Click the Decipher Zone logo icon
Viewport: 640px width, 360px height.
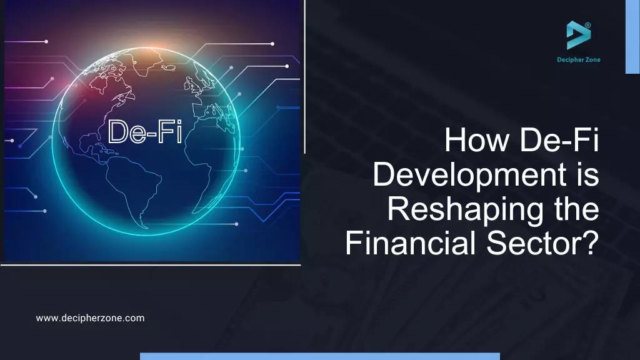click(x=578, y=35)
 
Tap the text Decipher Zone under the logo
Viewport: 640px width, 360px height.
click(x=578, y=60)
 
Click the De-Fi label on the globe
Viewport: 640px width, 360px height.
click(x=145, y=132)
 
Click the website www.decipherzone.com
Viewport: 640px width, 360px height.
click(x=90, y=318)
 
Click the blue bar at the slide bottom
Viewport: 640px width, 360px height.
click(x=319, y=356)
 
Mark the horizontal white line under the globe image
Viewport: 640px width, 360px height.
click(x=150, y=264)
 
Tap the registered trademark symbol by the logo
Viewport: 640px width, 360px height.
click(x=587, y=26)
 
